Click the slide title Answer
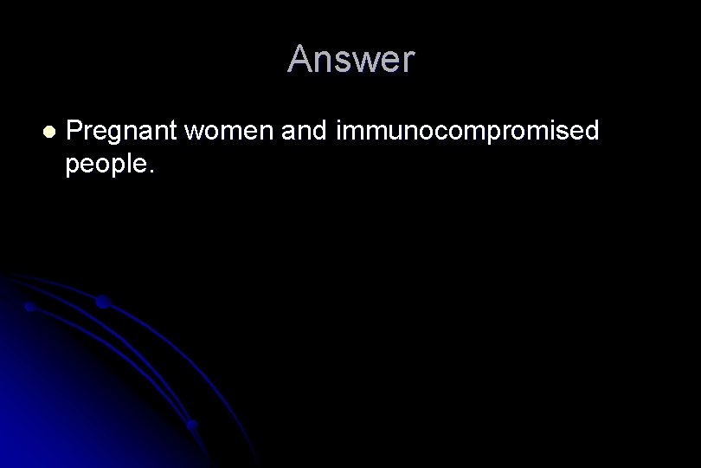click(350, 59)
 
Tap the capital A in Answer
click(299, 60)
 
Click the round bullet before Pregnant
click(48, 132)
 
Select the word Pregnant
click(121, 133)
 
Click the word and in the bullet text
click(301, 132)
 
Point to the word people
click(106, 165)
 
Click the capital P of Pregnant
click(74, 131)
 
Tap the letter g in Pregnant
click(110, 135)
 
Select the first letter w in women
click(194, 133)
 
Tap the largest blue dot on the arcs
click(103, 302)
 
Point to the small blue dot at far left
click(29, 307)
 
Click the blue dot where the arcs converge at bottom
click(192, 426)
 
